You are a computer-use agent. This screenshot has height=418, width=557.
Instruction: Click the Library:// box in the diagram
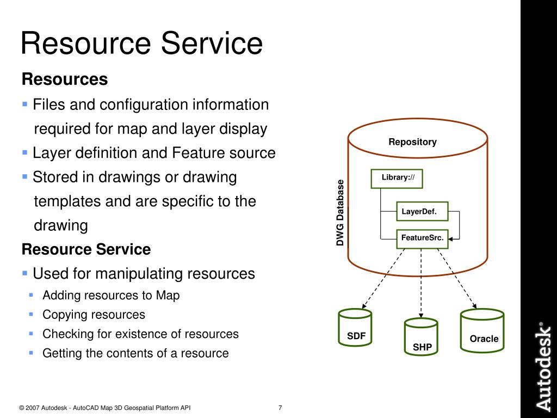(397, 179)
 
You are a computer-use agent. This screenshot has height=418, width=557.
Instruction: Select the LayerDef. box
(422, 212)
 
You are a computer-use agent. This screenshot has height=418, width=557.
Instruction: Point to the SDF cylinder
(355, 327)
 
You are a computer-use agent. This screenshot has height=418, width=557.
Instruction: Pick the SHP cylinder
(421, 336)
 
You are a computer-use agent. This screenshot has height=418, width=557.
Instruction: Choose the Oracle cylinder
(482, 330)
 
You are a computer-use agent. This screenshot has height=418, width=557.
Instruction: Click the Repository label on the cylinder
(412, 142)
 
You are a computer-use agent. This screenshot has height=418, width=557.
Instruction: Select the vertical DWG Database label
(341, 213)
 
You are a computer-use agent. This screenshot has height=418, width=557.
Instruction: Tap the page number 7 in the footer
(280, 408)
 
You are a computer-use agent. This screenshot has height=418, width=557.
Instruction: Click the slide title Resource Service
(142, 43)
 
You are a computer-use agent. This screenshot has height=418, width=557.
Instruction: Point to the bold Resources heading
(65, 79)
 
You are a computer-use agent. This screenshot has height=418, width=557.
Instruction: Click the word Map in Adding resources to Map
(168, 296)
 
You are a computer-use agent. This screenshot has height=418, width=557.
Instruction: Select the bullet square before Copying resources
(31, 314)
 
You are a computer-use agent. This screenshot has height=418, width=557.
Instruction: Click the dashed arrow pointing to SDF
(383, 279)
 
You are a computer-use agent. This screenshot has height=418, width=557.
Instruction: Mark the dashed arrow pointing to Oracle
(457, 279)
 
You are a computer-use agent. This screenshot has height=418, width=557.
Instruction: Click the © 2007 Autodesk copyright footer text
(105, 408)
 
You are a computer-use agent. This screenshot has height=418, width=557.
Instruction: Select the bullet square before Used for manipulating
(24, 273)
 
